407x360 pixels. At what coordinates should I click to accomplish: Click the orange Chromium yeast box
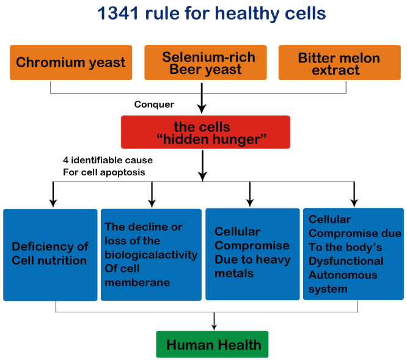click(x=71, y=62)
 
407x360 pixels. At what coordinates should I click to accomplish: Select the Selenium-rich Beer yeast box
click(x=205, y=62)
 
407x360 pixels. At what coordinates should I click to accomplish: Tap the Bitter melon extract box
click(x=340, y=62)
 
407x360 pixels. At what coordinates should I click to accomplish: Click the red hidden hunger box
click(x=205, y=132)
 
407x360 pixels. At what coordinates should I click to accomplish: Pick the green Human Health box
click(x=212, y=344)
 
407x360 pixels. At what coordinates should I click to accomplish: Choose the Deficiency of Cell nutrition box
click(x=50, y=255)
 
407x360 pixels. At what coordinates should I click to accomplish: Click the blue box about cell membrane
click(x=151, y=255)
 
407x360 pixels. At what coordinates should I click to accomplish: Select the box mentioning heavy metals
click(x=252, y=254)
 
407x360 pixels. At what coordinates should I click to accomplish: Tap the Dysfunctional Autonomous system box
click(x=354, y=254)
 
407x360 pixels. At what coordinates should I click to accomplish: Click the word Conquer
click(x=154, y=105)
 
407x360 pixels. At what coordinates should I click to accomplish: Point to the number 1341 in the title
click(x=118, y=13)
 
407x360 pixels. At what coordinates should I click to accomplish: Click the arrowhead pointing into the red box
click(x=202, y=109)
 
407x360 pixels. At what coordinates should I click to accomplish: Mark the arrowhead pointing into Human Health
click(x=214, y=327)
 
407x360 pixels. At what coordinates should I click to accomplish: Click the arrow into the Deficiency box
click(x=53, y=194)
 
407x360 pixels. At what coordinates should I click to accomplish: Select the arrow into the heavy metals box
click(x=250, y=194)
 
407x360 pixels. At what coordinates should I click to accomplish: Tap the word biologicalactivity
click(x=151, y=255)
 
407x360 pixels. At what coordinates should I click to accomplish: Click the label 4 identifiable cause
click(x=108, y=160)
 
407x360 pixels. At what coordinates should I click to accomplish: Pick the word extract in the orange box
click(x=336, y=70)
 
